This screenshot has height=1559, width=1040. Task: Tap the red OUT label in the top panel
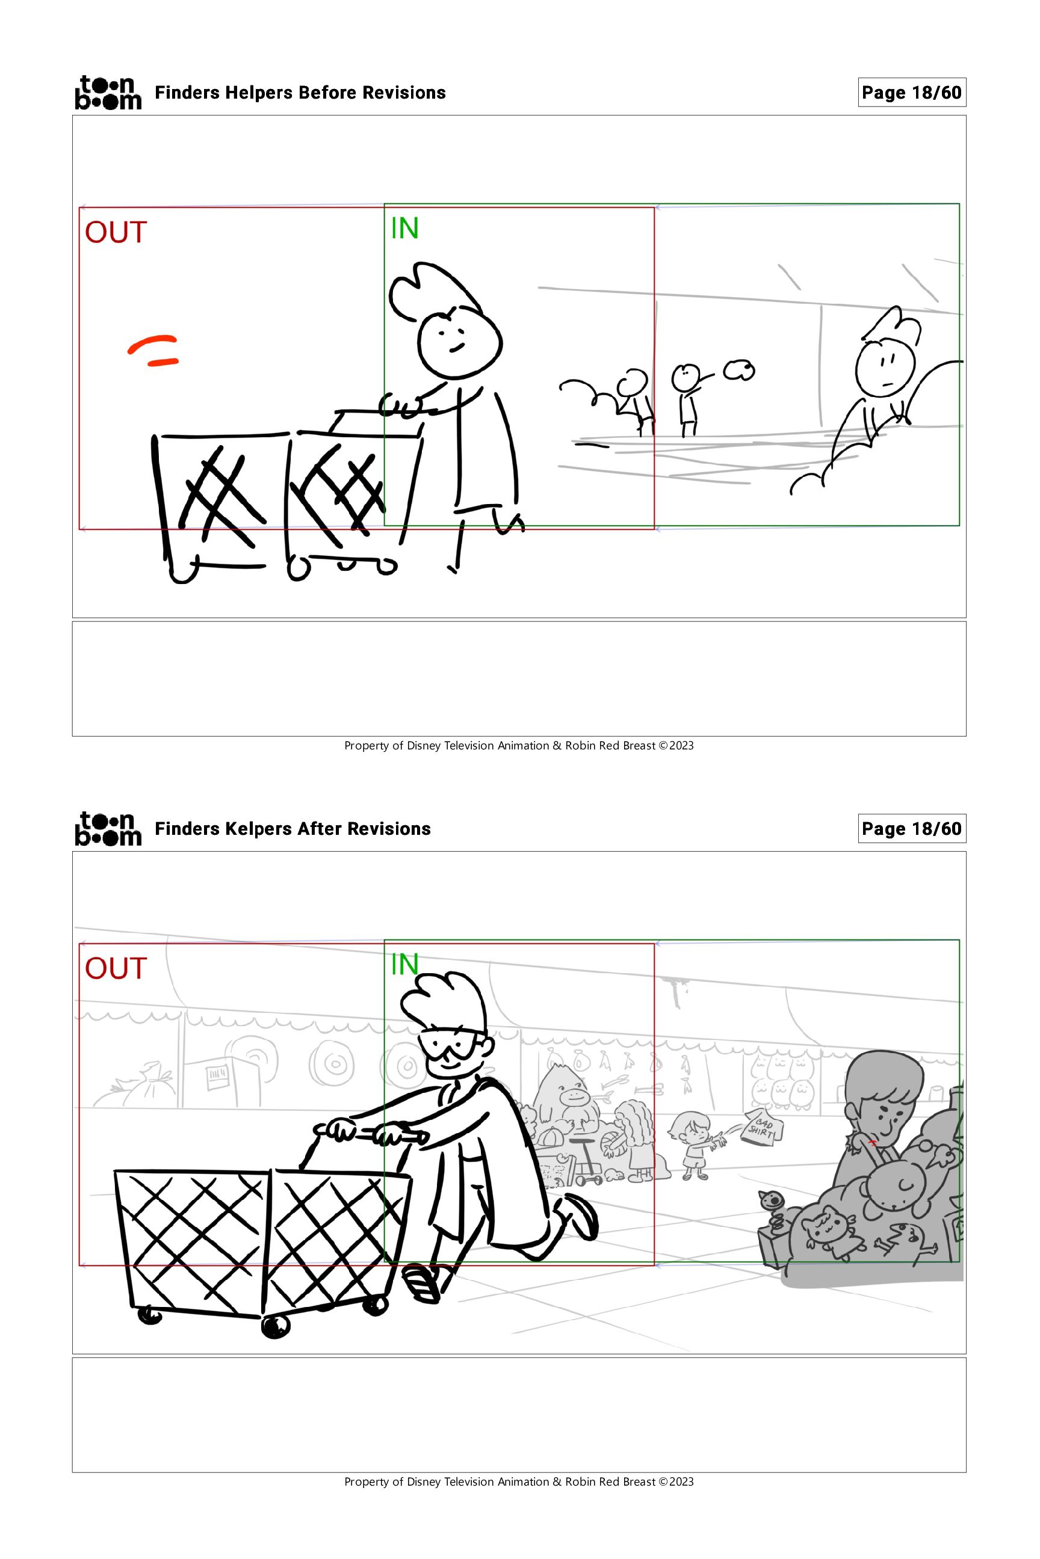click(x=116, y=233)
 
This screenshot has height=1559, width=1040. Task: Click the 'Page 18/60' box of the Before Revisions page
click(x=911, y=92)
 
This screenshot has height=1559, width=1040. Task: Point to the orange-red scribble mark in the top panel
click(x=153, y=350)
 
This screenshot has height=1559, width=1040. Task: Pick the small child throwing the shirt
click(x=693, y=1146)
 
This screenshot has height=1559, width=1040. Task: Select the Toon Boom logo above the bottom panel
click(x=108, y=829)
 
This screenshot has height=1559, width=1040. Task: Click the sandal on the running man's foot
click(x=422, y=1282)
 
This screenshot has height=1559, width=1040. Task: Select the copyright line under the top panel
click(x=519, y=746)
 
